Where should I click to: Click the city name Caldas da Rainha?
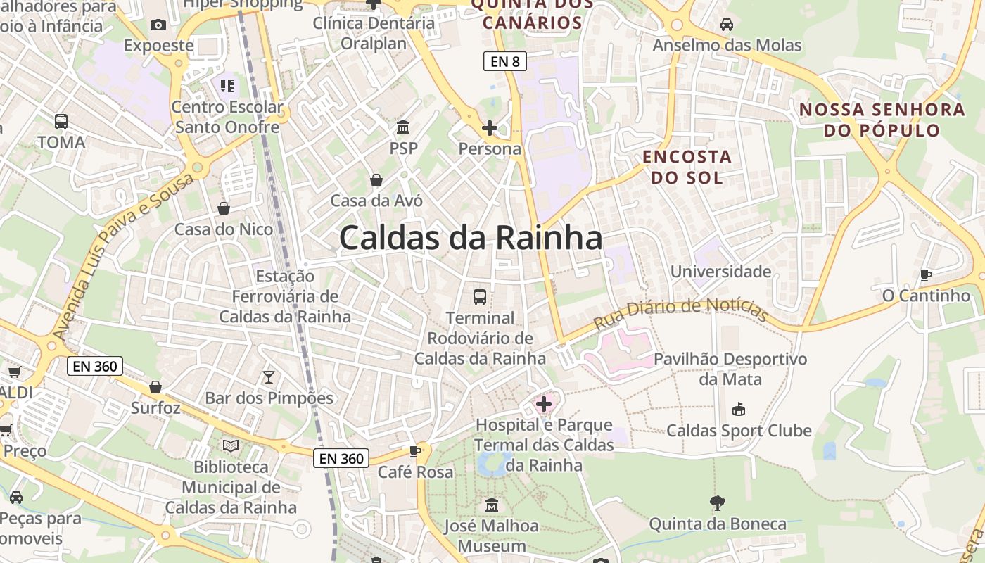[x=470, y=238]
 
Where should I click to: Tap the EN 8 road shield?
[x=505, y=61]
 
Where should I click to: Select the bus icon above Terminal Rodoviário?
[x=480, y=296]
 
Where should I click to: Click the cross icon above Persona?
[x=489, y=128]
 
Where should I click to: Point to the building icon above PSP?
[x=403, y=127]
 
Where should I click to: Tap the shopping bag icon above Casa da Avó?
[x=376, y=180]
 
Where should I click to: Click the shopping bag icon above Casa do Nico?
[x=223, y=208]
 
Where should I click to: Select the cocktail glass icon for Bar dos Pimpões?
[x=268, y=377]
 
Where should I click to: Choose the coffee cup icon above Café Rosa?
[x=415, y=451]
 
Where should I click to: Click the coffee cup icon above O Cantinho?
[x=926, y=275]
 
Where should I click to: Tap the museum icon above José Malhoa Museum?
[x=491, y=505]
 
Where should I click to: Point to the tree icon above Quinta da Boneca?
[x=717, y=502]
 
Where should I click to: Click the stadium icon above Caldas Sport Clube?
[x=739, y=409]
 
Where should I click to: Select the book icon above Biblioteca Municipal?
[x=231, y=445]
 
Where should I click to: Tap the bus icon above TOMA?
[x=61, y=121]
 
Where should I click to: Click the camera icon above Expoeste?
[x=158, y=25]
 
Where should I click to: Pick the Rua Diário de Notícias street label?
[x=680, y=314]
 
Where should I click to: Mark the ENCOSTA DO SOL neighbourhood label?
[x=687, y=167]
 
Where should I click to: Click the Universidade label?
[x=720, y=272]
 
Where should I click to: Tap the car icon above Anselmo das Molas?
[x=727, y=25]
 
